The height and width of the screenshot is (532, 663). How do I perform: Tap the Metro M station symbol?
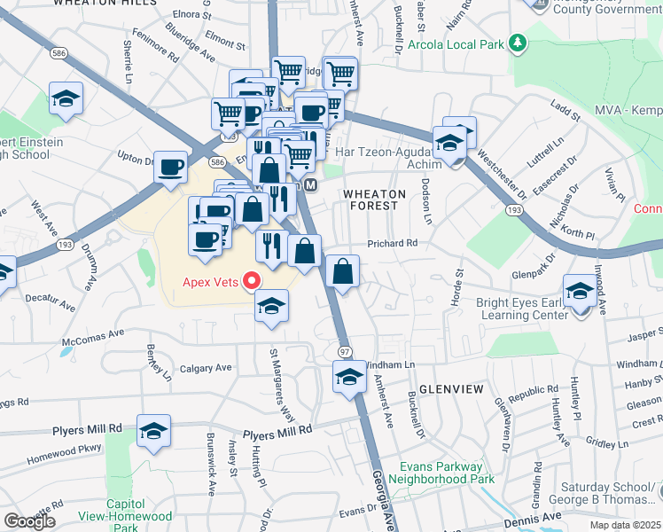[x=310, y=185]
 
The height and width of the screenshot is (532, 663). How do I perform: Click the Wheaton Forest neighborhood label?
[x=374, y=199]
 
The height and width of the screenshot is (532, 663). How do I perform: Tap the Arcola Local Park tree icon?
[x=518, y=43]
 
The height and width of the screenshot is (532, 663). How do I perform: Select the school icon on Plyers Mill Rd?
[x=154, y=432]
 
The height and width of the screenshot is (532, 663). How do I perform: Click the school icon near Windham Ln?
[x=350, y=377]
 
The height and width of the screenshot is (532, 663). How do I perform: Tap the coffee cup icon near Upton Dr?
[x=170, y=167]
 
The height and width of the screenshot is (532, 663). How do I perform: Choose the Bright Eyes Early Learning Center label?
[x=521, y=309]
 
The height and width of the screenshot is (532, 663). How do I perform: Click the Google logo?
[x=30, y=520]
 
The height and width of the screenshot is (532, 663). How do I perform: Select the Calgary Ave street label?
[x=206, y=368]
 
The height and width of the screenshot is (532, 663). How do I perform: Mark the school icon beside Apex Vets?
[x=272, y=308]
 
